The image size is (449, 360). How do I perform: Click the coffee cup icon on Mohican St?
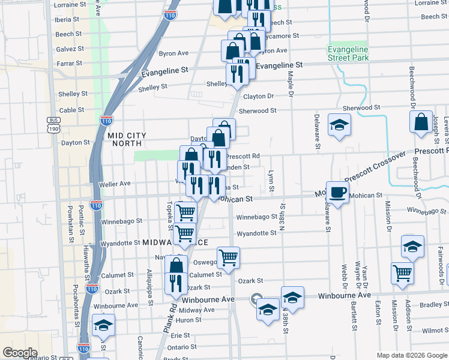pyautogui.click(x=337, y=192)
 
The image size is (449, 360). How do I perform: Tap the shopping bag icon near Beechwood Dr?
pyautogui.click(x=421, y=122)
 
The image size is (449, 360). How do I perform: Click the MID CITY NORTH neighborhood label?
pyautogui.click(x=125, y=139)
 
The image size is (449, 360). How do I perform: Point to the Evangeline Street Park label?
pyautogui.click(x=348, y=53)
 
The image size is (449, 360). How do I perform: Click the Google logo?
pyautogui.click(x=20, y=352)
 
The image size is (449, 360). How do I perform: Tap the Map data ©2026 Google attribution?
pyautogui.click(x=411, y=355)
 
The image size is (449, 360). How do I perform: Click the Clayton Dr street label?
pyautogui.click(x=259, y=96)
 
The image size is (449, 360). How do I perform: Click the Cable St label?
pyautogui.click(x=71, y=110)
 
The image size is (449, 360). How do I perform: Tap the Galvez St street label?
pyautogui.click(x=70, y=49)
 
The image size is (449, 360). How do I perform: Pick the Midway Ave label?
pyautogui.click(x=197, y=310)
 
